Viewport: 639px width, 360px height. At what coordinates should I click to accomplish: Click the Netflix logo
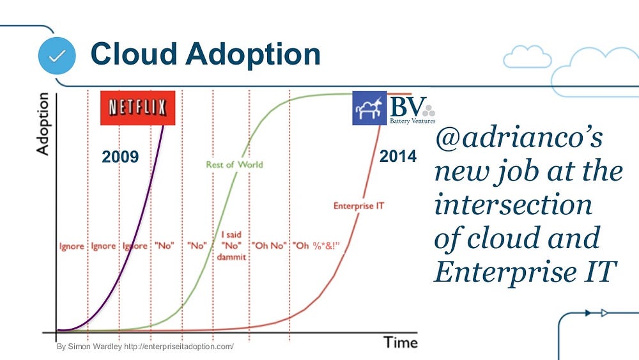point(138,108)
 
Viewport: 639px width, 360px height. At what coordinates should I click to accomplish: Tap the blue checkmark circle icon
point(57,56)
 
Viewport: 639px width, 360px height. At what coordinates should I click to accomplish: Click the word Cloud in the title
point(134,54)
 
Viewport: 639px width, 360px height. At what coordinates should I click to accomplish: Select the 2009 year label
point(120,157)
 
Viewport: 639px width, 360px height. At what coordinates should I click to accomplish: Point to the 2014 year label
point(397,156)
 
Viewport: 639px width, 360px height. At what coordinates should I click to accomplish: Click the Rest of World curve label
point(235,165)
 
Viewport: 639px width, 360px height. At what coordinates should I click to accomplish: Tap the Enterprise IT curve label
point(358,206)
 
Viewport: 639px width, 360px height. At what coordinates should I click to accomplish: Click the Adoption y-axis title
point(43,124)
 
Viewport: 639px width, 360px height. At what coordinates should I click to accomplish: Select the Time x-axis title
point(401,343)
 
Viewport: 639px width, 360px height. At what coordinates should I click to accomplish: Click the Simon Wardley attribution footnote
point(145,347)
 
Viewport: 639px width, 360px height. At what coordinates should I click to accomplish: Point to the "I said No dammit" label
point(231,246)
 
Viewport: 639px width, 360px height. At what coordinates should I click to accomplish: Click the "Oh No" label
point(269,246)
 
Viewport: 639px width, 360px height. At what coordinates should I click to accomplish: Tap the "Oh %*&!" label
point(316,246)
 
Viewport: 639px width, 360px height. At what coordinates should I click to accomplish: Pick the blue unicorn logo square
point(369,108)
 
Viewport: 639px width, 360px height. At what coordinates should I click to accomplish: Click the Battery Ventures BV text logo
point(412,109)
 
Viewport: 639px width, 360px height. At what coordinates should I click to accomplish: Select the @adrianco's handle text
point(519,138)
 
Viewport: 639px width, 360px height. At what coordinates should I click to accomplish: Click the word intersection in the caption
point(513,204)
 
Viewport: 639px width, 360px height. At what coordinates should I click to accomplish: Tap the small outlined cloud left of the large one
point(527,57)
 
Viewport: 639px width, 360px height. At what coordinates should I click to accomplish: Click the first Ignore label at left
point(72,246)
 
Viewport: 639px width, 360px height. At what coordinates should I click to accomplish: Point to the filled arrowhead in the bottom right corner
point(588,313)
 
